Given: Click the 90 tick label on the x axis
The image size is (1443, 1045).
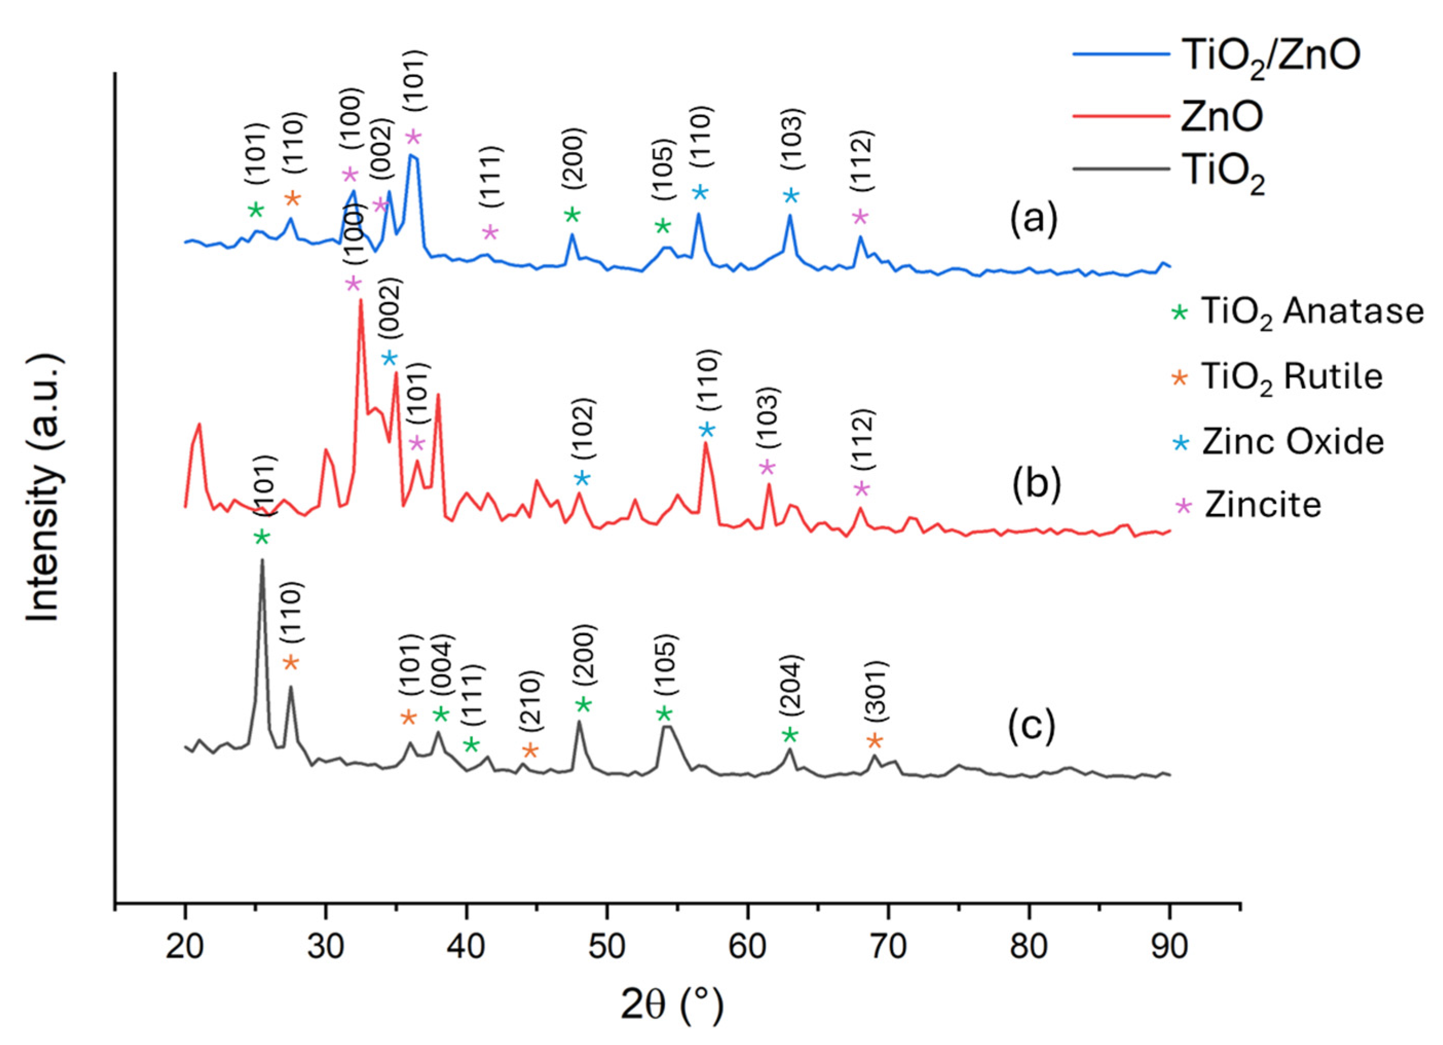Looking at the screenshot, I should pyautogui.click(x=1169, y=947).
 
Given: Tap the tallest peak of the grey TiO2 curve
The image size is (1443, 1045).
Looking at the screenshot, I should pyautogui.click(x=262, y=561).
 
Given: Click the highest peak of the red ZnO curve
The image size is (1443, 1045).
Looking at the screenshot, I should pyautogui.click(x=360, y=300).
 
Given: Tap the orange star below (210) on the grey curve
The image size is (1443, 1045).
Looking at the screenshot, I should pyautogui.click(x=530, y=751).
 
